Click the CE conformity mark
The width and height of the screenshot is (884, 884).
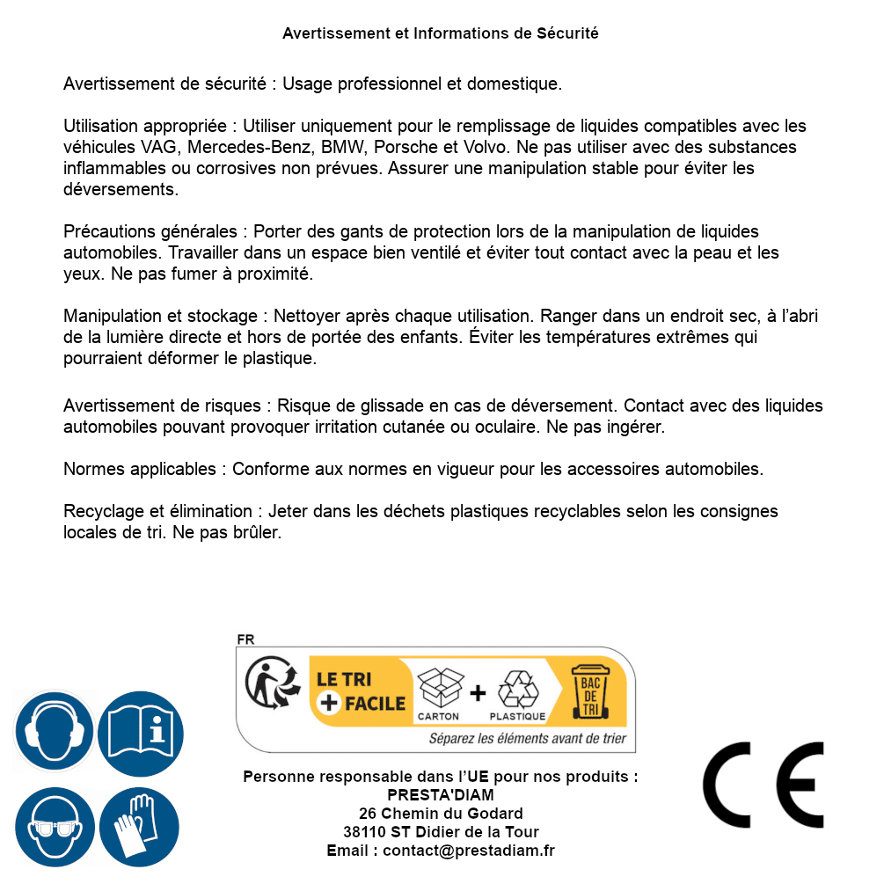[x=763, y=779]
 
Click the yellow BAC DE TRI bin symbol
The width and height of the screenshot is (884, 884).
[x=589, y=692]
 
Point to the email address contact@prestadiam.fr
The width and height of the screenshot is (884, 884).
[x=469, y=851]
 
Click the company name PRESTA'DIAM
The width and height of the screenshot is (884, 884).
[x=441, y=795]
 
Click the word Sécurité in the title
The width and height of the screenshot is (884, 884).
[x=566, y=33]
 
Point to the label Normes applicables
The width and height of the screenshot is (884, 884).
[x=139, y=469]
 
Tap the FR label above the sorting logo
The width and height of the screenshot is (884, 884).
[x=245, y=639]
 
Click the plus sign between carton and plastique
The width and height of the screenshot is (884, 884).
[x=478, y=692]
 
